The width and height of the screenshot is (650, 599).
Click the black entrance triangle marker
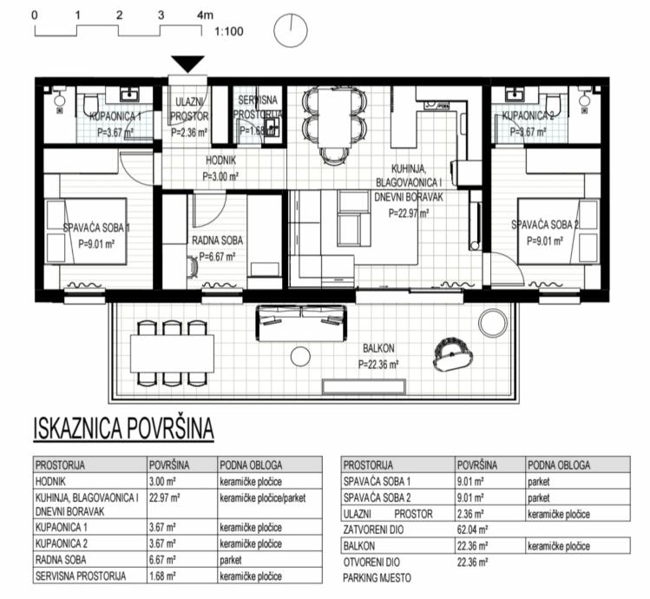(x=187, y=63)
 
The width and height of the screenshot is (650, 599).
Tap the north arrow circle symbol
(x=291, y=31)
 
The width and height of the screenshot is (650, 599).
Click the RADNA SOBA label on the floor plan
(x=216, y=240)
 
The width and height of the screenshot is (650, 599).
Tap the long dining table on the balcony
(x=174, y=352)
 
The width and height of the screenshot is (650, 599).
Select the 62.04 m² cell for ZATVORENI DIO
(x=474, y=530)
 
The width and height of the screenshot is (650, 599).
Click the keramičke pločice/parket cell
(x=261, y=497)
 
